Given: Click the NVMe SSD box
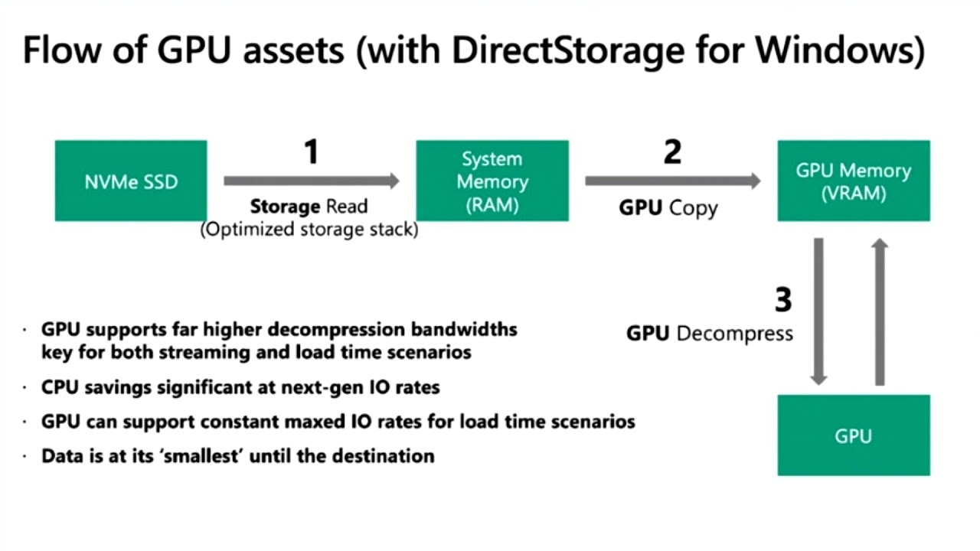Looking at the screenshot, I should coord(131,181).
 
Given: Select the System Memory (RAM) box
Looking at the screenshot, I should coord(492,181).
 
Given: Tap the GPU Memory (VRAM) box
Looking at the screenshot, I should coord(854,181).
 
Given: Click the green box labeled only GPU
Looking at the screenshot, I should coord(854,435).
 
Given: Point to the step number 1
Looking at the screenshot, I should coord(310,152).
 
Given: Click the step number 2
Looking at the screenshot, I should coord(672,152).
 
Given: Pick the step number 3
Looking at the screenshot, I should coord(782,300).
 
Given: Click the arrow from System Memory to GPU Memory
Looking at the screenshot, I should coord(673,181).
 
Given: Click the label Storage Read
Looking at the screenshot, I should coord(309,207).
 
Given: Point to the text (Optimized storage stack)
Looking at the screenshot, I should coord(309,230).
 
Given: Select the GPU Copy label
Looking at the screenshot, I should coord(668,208).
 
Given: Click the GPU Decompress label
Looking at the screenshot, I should coord(710,334).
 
